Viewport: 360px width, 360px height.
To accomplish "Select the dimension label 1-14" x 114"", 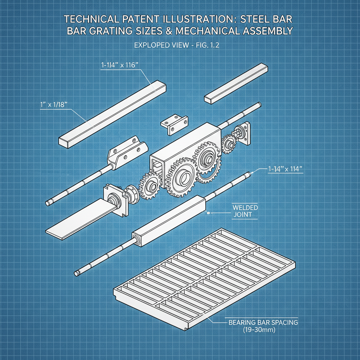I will coord(285,169).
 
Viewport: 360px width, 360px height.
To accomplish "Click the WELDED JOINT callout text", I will coord(245,211).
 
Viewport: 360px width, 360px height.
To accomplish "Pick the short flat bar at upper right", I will coord(237,84).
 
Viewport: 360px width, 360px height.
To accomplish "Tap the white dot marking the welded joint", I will coord(208,213).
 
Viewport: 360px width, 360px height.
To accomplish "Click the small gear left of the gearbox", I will coord(150,185).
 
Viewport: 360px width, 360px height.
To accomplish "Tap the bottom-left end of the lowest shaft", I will coord(77,273).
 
